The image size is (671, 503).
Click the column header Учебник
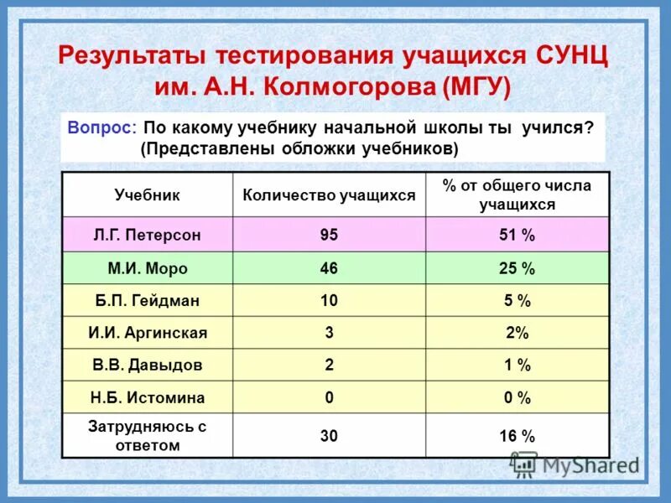147,194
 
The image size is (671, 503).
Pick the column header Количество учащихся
329,194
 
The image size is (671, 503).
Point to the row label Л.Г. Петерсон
147,236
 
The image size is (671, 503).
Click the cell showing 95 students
329,236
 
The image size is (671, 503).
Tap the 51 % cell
517,236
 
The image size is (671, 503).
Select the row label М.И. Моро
147,268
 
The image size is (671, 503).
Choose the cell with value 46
329,268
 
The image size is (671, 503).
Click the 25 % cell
517,268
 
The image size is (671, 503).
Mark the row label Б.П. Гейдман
147,300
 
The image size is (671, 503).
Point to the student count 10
329,300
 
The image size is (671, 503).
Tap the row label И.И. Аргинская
147,333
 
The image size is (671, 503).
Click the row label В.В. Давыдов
147,366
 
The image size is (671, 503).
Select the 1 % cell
517,366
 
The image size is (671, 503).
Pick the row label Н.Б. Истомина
147,398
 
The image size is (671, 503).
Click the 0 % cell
517,398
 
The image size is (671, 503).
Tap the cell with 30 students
329,436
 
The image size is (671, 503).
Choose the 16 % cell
517,436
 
